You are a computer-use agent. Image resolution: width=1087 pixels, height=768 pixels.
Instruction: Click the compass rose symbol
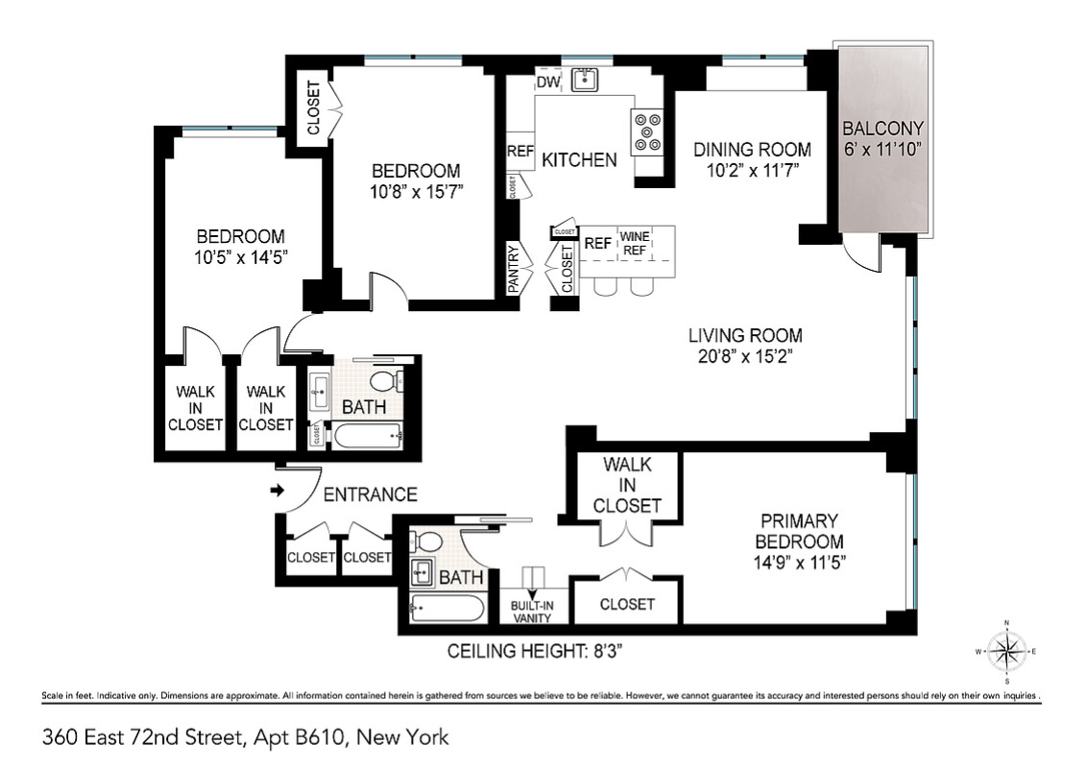click(1006, 652)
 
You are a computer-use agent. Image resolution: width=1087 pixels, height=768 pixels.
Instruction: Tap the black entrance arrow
click(278, 491)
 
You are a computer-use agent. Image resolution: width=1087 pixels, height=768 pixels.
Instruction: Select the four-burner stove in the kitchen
click(646, 132)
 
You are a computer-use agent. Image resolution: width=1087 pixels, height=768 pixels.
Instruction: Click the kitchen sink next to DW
click(583, 80)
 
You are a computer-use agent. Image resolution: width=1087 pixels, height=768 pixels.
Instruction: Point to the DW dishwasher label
click(547, 83)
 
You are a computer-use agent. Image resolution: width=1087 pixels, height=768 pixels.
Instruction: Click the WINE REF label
click(635, 243)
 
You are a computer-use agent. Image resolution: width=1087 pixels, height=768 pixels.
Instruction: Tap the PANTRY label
click(514, 270)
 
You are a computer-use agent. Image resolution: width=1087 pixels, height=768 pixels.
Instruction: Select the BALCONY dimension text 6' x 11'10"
click(882, 149)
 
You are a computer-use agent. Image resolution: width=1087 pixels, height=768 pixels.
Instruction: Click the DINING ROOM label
click(752, 150)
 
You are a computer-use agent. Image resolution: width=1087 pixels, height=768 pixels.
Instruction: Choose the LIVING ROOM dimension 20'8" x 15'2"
click(745, 356)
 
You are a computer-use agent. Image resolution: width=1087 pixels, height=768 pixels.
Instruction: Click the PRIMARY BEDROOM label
click(800, 531)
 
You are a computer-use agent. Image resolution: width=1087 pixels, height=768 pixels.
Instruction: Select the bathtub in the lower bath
click(447, 608)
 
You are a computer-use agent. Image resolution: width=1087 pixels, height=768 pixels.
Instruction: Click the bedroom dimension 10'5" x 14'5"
click(240, 257)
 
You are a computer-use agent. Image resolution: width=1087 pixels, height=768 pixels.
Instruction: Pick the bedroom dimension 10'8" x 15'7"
click(417, 191)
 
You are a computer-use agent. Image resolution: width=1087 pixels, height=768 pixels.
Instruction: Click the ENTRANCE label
click(370, 495)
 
